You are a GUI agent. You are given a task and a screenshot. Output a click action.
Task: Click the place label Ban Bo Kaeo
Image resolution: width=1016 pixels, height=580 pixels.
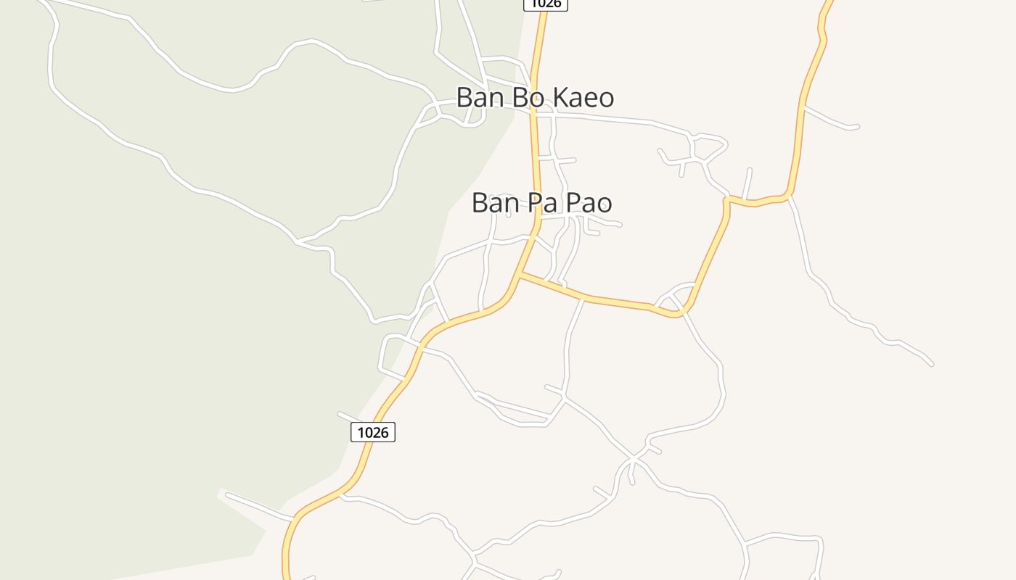point(535,97)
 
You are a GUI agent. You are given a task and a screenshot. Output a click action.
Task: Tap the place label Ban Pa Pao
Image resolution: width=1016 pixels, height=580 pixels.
point(541,202)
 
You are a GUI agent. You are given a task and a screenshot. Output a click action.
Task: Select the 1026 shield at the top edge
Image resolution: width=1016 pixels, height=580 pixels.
point(545,4)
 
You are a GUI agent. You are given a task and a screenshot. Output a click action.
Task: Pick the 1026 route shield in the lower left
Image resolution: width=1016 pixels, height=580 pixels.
point(373,432)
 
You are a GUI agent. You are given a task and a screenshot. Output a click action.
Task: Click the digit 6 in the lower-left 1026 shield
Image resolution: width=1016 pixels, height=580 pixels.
point(385,432)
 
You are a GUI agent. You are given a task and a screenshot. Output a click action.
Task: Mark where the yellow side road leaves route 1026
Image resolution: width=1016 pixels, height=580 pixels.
point(521,275)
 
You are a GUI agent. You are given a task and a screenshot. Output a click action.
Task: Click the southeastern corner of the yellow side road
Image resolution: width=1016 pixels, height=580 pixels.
point(679,315)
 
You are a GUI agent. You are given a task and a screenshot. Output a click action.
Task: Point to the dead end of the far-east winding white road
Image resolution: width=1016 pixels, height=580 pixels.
point(932,364)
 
